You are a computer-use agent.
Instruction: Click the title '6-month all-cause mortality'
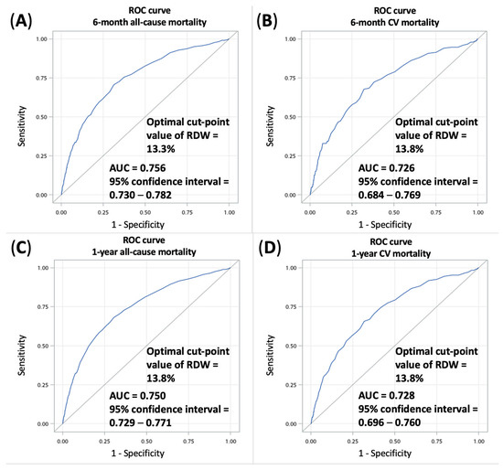[133, 22]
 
